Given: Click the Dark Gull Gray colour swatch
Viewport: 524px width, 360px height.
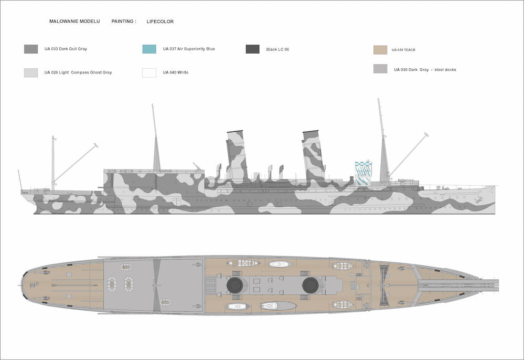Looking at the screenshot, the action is (31, 49).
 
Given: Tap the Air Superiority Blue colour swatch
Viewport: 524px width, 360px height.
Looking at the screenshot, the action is (149, 49).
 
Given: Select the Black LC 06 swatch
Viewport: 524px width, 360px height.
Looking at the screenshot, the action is (253, 49).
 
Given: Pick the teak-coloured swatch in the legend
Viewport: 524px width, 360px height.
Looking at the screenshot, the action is (380, 50).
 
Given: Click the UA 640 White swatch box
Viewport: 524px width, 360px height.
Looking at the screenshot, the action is (149, 72).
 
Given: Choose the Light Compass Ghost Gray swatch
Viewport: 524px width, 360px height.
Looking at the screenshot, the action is (31, 73).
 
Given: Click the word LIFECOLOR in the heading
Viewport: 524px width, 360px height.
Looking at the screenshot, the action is (160, 22).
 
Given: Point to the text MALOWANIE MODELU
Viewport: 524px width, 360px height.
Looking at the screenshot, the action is (74, 22).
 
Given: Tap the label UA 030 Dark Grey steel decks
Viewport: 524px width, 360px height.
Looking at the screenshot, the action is (425, 69).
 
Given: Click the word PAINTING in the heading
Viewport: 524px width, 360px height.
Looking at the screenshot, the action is (123, 22).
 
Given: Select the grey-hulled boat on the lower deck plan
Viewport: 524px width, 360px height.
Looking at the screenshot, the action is (278, 305).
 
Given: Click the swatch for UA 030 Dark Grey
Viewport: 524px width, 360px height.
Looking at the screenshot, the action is (380, 69).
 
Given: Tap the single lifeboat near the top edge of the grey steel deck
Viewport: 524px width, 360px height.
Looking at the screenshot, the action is (126, 267).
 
